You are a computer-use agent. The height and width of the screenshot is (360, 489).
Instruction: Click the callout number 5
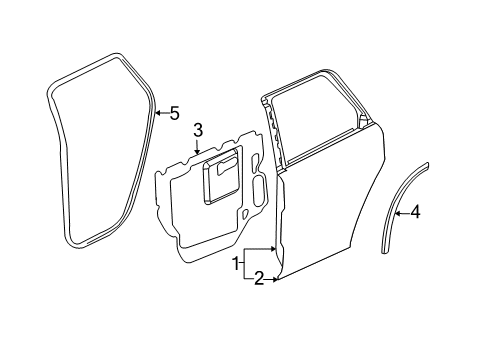pos(174,113)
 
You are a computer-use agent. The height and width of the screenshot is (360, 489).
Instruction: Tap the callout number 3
pos(198,129)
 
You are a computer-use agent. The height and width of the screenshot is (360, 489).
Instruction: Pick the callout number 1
pos(236,264)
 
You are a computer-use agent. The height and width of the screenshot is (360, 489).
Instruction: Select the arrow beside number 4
pos(401,211)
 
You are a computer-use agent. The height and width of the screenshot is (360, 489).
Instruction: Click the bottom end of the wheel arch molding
pos(385,252)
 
